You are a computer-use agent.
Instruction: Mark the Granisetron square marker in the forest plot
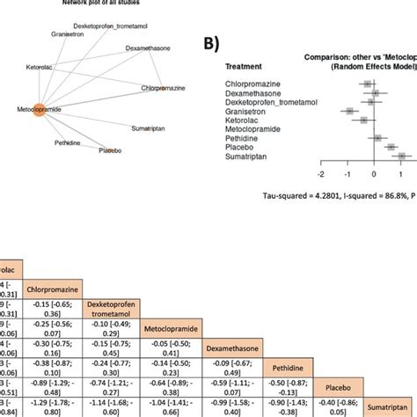(351, 111)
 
